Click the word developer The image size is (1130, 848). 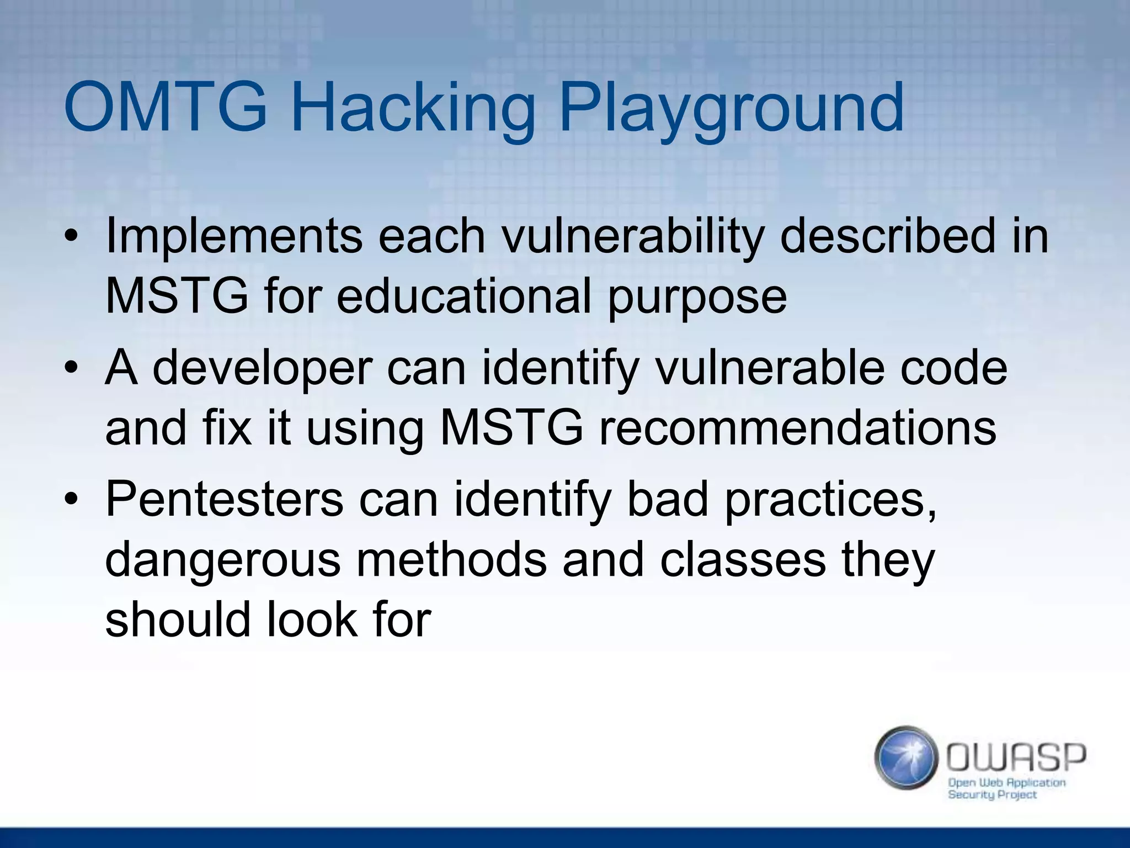[x=263, y=369]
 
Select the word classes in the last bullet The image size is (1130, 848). [x=742, y=559]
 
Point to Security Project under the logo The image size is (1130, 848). [x=992, y=795]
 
